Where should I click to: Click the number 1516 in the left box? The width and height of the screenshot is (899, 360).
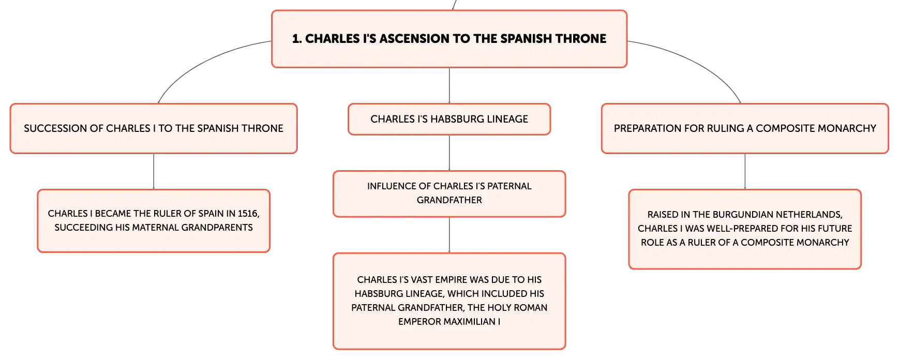(x=248, y=213)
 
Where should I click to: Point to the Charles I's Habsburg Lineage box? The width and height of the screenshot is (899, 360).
(x=449, y=119)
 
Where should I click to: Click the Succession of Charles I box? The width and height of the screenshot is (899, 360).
(x=154, y=128)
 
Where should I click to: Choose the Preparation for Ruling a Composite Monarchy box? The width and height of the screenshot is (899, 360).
(x=745, y=128)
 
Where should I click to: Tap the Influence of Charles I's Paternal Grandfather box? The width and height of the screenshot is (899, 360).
(x=449, y=193)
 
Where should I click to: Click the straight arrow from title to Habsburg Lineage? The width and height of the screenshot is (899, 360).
(x=449, y=85)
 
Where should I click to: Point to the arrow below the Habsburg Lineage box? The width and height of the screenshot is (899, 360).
(x=449, y=153)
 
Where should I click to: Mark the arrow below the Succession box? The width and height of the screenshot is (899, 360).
(x=154, y=171)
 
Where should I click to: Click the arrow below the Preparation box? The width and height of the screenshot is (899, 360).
(x=745, y=171)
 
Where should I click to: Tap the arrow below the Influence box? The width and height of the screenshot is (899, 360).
(x=449, y=235)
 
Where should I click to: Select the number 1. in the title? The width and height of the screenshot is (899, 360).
(x=297, y=38)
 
